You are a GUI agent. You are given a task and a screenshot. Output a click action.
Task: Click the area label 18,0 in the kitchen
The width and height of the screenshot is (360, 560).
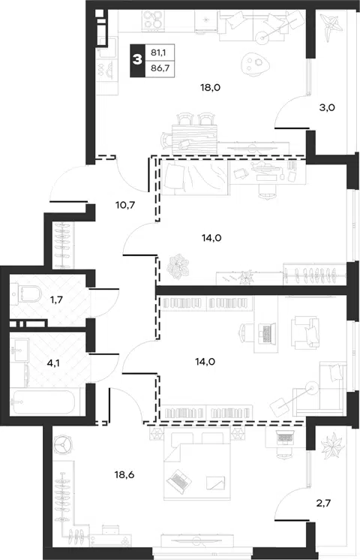[210, 88]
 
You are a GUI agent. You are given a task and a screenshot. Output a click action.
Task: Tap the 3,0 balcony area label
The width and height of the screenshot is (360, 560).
[327, 107]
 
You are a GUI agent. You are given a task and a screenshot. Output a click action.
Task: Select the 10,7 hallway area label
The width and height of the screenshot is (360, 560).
[125, 205]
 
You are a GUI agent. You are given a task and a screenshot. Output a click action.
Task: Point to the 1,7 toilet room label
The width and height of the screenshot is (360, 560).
[56, 300]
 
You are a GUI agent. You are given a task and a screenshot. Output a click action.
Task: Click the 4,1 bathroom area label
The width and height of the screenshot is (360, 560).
[53, 363]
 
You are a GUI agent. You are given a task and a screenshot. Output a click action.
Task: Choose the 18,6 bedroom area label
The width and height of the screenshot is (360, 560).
[124, 475]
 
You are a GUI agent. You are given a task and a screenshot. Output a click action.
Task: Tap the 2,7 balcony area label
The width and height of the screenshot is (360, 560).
[323, 503]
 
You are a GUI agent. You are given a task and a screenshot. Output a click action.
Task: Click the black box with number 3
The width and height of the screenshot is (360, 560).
[138, 60]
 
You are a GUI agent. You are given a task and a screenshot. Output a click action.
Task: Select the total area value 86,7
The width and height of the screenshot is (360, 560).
[160, 68]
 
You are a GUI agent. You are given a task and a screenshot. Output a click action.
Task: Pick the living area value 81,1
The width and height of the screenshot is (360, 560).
[157, 53]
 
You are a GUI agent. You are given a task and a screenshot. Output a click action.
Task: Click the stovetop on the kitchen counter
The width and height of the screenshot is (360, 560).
[154, 20]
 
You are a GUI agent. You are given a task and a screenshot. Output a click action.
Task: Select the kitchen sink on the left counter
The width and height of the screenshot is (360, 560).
[107, 48]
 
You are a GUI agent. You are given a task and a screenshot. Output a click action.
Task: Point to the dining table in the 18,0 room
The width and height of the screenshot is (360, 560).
[194, 139]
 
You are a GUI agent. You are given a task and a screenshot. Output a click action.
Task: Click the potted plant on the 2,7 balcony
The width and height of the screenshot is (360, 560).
[332, 444]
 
